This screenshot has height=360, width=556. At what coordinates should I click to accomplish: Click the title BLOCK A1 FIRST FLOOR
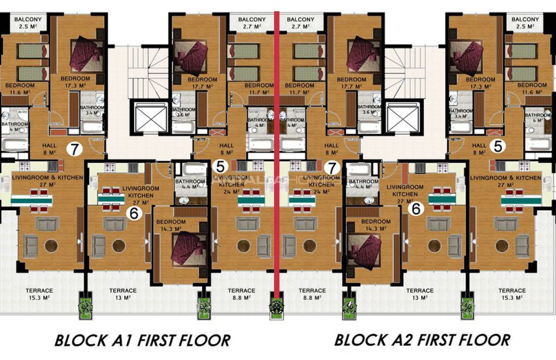click(x=142, y=340)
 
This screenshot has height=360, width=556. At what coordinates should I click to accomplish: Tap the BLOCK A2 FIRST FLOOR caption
click(x=422, y=340)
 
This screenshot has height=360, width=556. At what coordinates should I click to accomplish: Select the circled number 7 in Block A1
click(x=76, y=149)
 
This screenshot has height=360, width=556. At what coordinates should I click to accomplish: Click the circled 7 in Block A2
click(x=332, y=168)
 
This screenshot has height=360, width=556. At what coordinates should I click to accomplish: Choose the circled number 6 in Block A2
click(x=414, y=209)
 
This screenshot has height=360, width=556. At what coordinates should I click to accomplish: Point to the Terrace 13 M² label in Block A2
click(x=419, y=294)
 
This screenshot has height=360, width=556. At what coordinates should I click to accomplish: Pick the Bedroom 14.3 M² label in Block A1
click(x=171, y=226)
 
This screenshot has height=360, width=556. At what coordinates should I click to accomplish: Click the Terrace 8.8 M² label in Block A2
click(x=312, y=294)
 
